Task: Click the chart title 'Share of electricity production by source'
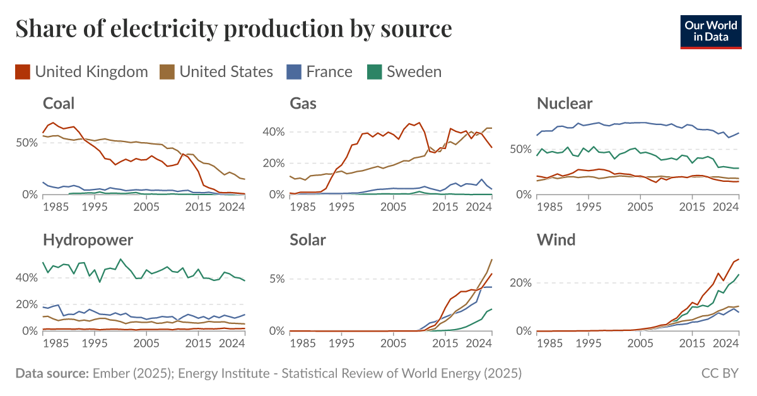tap(233, 29)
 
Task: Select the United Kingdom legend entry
tap(82, 71)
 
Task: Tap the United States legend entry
tap(218, 71)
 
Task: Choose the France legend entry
tap(320, 71)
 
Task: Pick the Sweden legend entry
tap(405, 71)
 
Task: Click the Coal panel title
tap(59, 104)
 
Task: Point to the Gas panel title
tap(303, 104)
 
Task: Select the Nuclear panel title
tap(565, 104)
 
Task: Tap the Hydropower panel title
tap(88, 240)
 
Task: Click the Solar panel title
tap(308, 240)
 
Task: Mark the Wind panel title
tap(556, 240)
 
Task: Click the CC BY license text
tap(720, 373)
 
